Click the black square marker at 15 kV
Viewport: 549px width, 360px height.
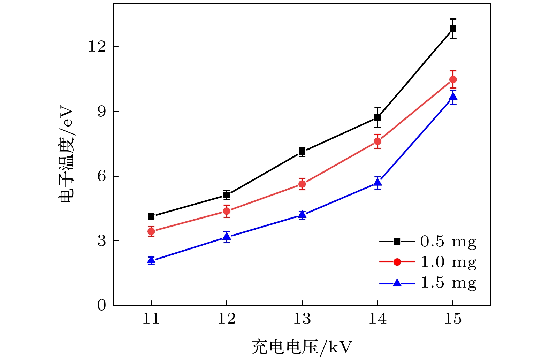(x=453, y=29)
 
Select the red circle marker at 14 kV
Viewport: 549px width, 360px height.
(x=378, y=141)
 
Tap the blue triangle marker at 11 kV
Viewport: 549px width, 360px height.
(x=151, y=260)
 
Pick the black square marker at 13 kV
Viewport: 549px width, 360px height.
(x=302, y=152)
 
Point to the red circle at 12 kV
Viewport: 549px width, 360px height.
(x=227, y=211)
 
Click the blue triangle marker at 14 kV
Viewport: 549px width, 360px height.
(x=378, y=182)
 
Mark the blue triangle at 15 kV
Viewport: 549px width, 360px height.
(x=453, y=97)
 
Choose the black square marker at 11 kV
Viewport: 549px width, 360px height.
(x=151, y=216)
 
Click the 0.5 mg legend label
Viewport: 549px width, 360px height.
(x=448, y=242)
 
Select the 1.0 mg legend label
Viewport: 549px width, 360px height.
(x=448, y=262)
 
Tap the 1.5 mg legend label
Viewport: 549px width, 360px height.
(x=448, y=283)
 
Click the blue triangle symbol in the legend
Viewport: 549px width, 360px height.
(x=397, y=283)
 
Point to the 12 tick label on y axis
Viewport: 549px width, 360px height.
(x=97, y=47)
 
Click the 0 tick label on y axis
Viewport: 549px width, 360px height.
(x=101, y=305)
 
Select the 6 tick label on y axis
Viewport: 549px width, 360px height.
(x=101, y=176)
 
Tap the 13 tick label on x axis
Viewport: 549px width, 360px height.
(x=302, y=319)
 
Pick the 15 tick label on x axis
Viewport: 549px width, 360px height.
(x=453, y=319)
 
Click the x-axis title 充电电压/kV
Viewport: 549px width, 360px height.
(x=302, y=347)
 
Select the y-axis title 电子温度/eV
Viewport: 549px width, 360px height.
(x=66, y=153)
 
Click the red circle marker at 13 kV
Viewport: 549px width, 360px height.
(x=302, y=184)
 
